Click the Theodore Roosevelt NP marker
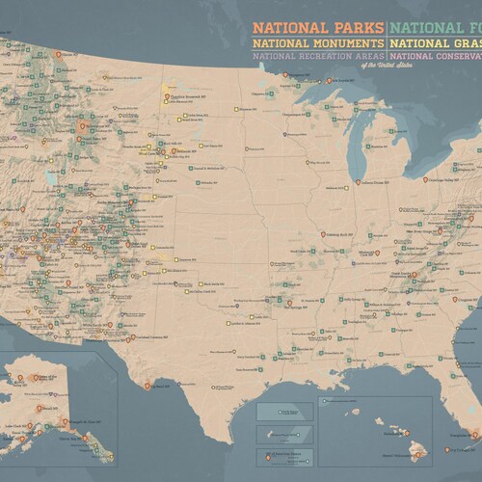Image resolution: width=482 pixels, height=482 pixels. click(166, 98)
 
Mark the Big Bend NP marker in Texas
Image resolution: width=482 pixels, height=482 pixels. click(147, 385)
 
